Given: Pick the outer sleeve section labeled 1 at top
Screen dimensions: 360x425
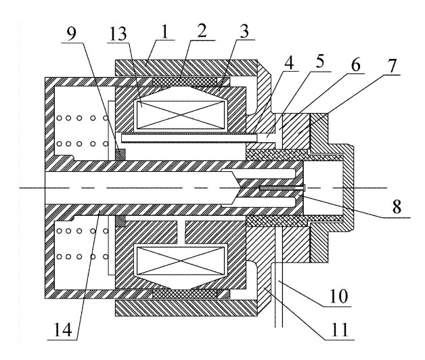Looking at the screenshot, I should coord(187,67).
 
